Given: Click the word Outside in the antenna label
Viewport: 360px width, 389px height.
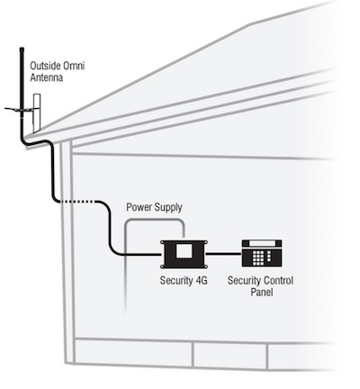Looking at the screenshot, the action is (x=45, y=66).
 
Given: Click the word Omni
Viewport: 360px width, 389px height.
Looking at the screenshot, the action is (x=74, y=66).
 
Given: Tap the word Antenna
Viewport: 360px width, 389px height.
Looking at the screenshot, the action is (x=47, y=77).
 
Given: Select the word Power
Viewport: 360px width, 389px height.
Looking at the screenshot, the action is (x=139, y=207).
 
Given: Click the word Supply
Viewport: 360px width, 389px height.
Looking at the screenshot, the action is (x=168, y=208).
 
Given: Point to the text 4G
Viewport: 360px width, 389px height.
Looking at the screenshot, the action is (x=201, y=280).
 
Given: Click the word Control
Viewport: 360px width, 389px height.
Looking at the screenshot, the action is (x=278, y=280).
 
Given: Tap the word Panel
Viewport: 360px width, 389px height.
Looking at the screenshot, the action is (x=262, y=292).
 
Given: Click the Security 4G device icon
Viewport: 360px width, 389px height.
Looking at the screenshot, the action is (x=184, y=254).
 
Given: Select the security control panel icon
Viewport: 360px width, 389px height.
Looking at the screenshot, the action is (x=262, y=253).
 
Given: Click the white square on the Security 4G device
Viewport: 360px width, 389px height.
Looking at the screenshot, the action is (x=184, y=250).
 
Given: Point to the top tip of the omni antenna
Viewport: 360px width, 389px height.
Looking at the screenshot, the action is (x=22, y=48).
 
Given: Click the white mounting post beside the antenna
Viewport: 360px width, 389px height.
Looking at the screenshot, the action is (x=37, y=113).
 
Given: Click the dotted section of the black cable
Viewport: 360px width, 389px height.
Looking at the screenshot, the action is (x=77, y=202).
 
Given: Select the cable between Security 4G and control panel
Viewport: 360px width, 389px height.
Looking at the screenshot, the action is (x=225, y=254).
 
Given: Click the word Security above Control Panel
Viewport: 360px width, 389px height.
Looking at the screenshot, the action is (x=244, y=281).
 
